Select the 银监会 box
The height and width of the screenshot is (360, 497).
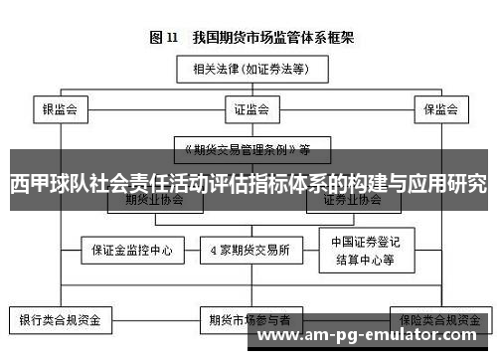(61, 109)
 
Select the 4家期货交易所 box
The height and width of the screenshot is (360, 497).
(248, 250)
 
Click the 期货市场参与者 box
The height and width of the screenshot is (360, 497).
(248, 320)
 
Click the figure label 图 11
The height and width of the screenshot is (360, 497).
(164, 38)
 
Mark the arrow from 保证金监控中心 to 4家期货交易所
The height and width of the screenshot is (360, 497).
(192, 250)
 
